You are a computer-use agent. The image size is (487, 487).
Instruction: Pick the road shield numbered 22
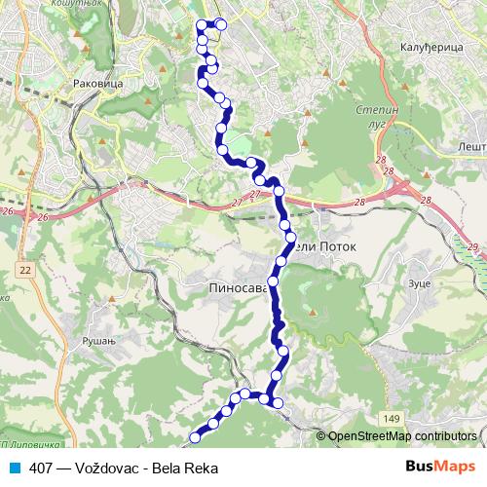coord(23,269)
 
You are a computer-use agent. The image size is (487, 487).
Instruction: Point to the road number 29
coord(473,248)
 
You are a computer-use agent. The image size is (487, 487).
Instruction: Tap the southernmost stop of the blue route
coord(195,436)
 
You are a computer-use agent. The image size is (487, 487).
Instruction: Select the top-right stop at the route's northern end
coord(221,24)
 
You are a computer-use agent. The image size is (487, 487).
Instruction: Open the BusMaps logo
coord(438,468)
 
